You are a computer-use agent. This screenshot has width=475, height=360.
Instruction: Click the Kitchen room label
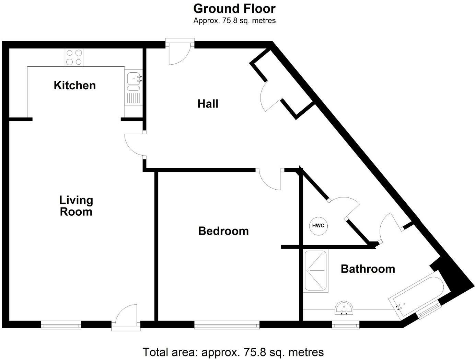(74, 85)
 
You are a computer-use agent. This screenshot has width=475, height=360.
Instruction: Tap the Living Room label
(76, 206)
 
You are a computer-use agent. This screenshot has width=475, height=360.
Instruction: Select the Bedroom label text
(223, 231)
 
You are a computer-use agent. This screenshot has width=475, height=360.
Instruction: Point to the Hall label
(208, 104)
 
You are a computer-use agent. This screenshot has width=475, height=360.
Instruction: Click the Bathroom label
(368, 269)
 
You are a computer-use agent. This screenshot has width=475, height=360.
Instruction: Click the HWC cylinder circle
(318, 226)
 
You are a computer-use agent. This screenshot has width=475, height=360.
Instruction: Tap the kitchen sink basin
(133, 79)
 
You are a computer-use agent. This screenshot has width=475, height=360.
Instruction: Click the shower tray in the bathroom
(315, 271)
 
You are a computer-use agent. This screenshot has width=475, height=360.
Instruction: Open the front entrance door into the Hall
(179, 53)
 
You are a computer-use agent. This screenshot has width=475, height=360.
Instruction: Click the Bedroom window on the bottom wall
(227, 325)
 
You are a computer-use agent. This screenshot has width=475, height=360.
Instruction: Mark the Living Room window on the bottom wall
(61, 325)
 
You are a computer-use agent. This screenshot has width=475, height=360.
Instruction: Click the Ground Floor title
(234, 9)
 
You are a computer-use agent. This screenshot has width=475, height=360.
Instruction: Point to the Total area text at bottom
(233, 352)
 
